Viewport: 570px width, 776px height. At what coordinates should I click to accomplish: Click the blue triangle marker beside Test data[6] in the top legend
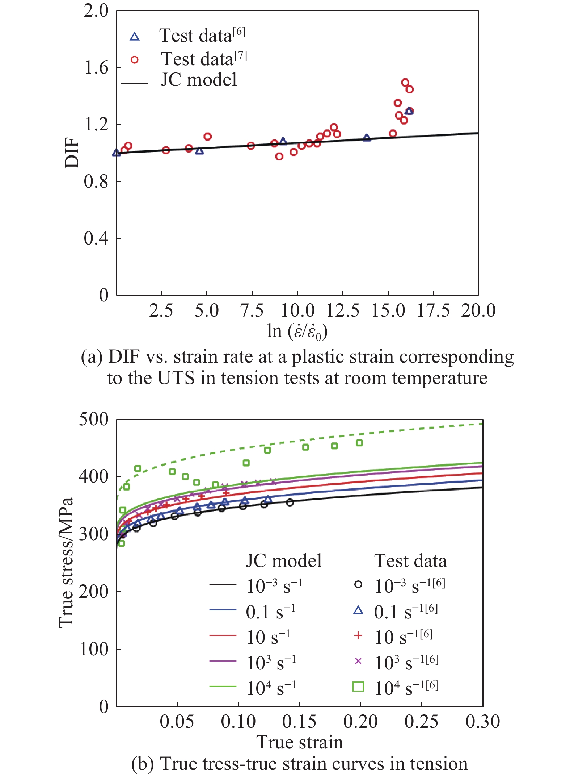pos(135,37)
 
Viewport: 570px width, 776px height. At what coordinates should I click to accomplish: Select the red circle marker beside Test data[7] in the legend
pos(135,60)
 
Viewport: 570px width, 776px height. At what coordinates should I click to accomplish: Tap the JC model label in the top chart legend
pos(199,80)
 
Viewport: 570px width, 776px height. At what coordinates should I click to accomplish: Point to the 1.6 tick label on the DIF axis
pos(96,67)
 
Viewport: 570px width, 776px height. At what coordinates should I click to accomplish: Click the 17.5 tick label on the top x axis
pos(433,311)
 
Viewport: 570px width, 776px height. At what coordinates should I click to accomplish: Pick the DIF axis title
pos(72,153)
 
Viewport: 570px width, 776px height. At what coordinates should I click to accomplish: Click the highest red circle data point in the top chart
pos(405,83)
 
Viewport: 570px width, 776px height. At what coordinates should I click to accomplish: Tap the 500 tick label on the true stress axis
pos(93,420)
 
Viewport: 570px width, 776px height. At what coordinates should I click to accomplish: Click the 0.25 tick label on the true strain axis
pos(422,721)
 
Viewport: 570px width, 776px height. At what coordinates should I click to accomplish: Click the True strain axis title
pos(300,742)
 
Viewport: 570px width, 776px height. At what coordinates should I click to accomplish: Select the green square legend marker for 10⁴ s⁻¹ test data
pos(358,687)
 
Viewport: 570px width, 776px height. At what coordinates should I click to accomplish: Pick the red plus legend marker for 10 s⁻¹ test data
pos(358,635)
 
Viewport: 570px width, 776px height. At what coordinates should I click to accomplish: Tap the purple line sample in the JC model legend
pos(223,661)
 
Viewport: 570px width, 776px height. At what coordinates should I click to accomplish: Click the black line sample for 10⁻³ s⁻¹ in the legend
pos(223,584)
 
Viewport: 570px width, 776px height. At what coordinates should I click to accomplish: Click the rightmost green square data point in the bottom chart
pos(359,443)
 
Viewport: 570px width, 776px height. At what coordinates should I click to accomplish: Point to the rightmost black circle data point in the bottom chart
pos(290,502)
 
